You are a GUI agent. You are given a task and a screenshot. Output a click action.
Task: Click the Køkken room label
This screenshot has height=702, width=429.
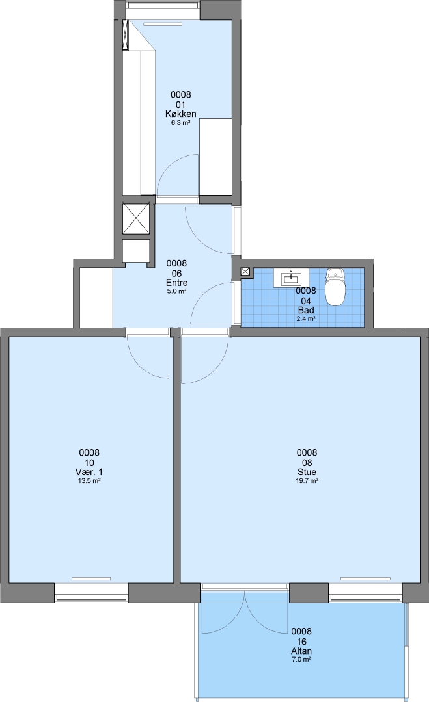pyautogui.click(x=181, y=114)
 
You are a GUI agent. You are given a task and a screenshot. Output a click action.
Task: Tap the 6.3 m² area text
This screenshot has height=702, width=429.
pyautogui.click(x=181, y=123)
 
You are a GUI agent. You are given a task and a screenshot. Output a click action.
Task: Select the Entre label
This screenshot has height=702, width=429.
pyautogui.click(x=176, y=283)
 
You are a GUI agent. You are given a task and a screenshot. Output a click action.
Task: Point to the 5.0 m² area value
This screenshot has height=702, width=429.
pyautogui.click(x=176, y=291)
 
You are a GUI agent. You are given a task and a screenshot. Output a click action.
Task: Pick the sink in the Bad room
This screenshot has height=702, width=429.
pyautogui.click(x=292, y=278)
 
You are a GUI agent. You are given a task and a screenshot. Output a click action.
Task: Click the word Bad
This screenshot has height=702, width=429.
pyautogui.click(x=306, y=310)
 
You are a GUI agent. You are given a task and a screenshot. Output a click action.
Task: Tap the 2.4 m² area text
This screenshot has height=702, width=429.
pyautogui.click(x=306, y=318)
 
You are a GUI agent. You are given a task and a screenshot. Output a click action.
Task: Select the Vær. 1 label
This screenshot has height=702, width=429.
pyautogui.click(x=89, y=473)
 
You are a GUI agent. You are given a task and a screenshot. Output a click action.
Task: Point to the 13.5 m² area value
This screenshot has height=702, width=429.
pyautogui.click(x=89, y=481)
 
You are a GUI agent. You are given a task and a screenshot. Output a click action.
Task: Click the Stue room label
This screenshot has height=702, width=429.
pyautogui.click(x=307, y=473)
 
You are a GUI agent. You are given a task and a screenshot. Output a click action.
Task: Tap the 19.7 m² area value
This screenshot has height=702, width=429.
pyautogui.click(x=307, y=481)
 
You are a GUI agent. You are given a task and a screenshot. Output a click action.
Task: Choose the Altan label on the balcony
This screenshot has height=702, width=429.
pyautogui.click(x=301, y=651)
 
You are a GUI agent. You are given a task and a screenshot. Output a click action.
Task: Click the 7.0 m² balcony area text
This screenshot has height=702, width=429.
pyautogui.click(x=301, y=660)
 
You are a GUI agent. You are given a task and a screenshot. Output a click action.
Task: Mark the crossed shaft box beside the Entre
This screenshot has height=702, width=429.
pyautogui.click(x=136, y=220)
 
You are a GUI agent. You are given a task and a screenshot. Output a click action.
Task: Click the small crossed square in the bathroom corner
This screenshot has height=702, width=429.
pyautogui.click(x=245, y=271)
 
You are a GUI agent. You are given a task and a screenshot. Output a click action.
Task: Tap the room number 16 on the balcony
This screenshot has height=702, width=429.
pyautogui.click(x=301, y=642)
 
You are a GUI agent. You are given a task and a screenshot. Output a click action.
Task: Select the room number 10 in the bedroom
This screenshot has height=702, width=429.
pyautogui.click(x=89, y=463)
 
